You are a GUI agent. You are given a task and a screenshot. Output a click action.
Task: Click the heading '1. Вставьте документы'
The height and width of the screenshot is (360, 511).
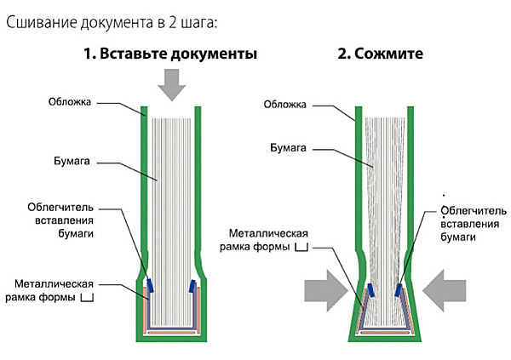point(170,54)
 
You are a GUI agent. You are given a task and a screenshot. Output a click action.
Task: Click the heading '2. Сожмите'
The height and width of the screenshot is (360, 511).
point(380,54)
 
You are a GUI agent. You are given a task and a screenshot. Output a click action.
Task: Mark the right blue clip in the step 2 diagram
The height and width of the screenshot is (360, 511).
point(399,290)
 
